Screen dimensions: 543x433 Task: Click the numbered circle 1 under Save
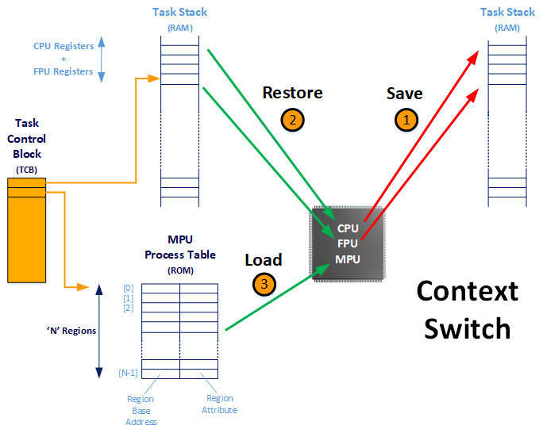pos(406,120)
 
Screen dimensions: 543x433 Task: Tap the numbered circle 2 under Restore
pos(293,120)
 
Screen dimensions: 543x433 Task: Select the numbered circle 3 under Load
pos(264,284)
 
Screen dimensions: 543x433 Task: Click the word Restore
pos(293,93)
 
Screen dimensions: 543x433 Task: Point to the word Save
pos(405,94)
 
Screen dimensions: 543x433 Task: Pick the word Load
pos(264,260)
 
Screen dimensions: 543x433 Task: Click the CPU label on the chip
pos(348,228)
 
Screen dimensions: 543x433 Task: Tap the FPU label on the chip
pos(348,243)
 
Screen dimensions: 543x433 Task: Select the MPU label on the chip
pos(348,259)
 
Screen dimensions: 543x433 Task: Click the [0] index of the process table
pos(129,288)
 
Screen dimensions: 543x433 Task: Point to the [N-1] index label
pos(128,373)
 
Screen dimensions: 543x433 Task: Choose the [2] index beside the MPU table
pos(129,308)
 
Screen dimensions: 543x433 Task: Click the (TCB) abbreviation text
pos(27,170)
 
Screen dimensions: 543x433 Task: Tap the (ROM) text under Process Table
pos(180,270)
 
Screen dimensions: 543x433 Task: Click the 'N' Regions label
pos(71,331)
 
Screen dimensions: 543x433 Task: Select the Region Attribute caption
pos(220,404)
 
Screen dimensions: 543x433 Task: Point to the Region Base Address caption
pos(141,411)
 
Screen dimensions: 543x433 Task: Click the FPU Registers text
pos(64,71)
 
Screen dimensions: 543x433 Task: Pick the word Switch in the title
pos(468,328)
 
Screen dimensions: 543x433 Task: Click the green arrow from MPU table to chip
pos(278,297)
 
